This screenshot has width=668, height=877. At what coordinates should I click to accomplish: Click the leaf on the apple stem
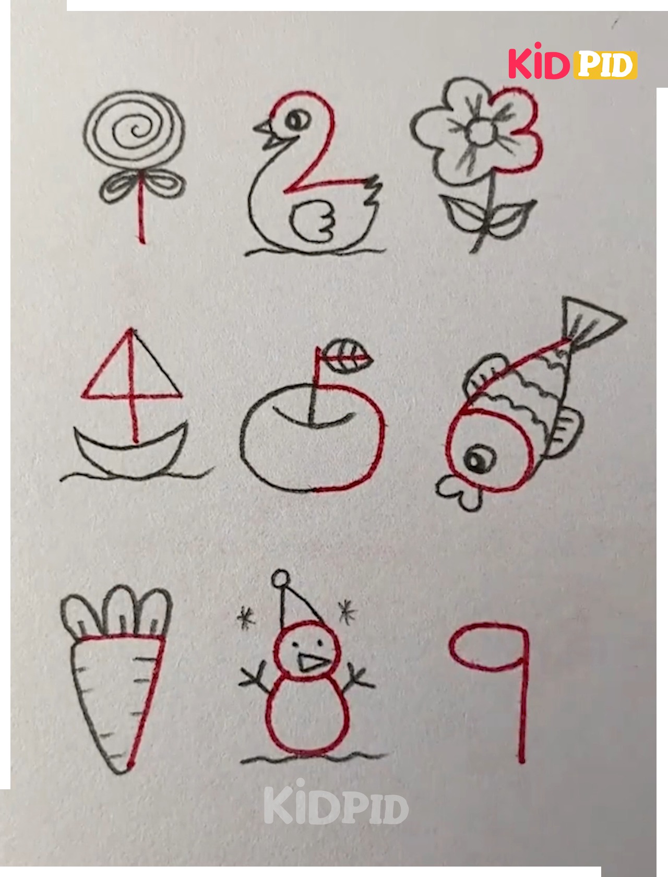point(346,356)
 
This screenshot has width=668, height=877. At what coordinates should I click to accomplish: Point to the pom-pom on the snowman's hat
point(281,579)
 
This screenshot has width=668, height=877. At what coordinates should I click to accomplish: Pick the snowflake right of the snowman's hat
point(347,613)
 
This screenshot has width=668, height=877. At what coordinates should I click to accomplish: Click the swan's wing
point(312,221)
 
